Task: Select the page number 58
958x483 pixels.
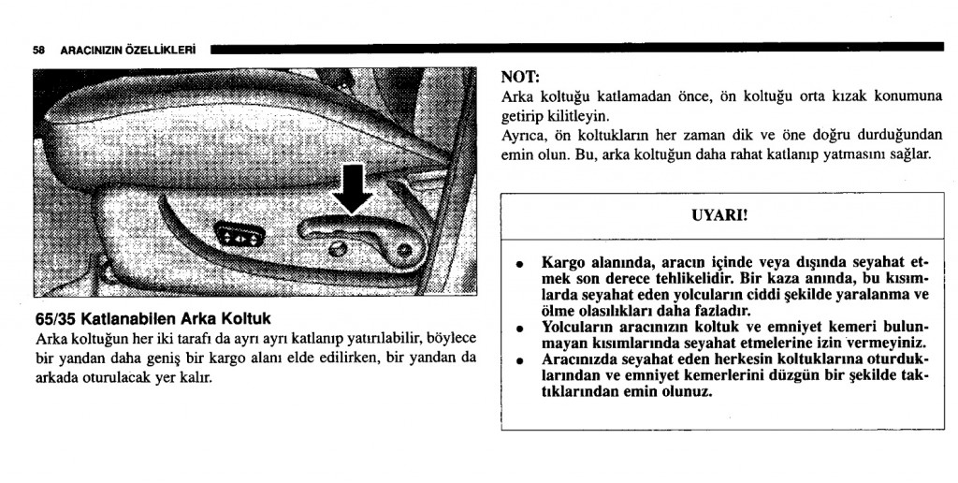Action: point(38,51)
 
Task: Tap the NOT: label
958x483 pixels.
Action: point(520,77)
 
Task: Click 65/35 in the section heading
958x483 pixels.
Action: point(56,318)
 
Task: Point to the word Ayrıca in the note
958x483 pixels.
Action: point(524,136)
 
